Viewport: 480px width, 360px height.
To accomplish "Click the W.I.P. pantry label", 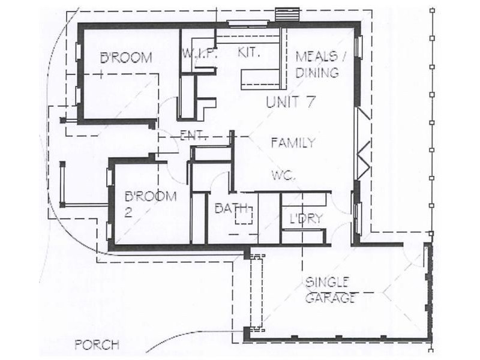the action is [200, 53].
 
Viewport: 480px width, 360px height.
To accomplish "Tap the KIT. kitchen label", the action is [249, 53].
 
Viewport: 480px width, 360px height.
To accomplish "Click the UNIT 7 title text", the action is [290, 102].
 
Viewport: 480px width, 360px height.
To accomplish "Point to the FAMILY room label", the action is [293, 143].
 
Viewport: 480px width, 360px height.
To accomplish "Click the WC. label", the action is [283, 175].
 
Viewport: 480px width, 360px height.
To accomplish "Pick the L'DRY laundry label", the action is [306, 218].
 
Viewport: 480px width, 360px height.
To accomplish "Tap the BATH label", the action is [231, 208].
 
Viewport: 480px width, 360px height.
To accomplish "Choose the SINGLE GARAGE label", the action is [331, 290].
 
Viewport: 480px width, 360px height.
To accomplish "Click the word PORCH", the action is [97, 345].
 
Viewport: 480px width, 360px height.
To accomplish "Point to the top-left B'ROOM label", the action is [126, 58].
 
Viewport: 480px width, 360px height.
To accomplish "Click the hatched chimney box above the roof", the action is [287, 14].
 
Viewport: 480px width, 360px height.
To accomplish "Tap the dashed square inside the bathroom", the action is [244, 215].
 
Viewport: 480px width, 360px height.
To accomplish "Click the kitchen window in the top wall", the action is [248, 23].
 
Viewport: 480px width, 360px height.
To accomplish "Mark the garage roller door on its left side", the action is [256, 292].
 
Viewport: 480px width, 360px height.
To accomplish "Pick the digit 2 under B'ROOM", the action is [128, 212].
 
